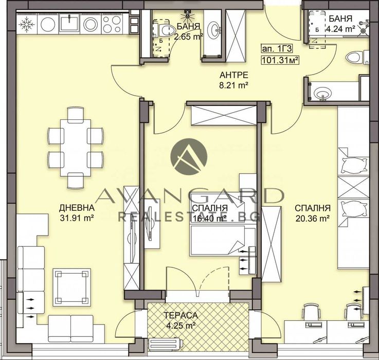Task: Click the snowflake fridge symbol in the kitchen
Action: tap(26, 23)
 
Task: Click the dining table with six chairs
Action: tap(76, 147)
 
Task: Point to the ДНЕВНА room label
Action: tap(77, 208)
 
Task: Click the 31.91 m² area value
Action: tap(77, 218)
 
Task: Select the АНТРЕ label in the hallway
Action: tap(230, 74)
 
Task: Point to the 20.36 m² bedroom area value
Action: tap(312, 218)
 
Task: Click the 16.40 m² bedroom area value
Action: tap(209, 218)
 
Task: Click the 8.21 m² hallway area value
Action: tap(230, 84)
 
